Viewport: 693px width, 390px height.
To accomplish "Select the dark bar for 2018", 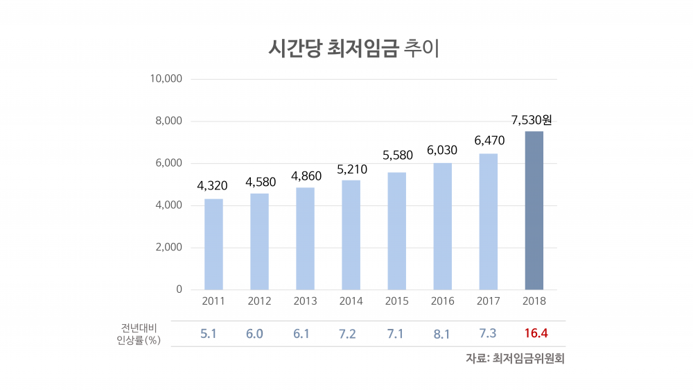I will coord(534,210).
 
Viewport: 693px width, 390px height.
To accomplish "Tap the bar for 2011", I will coord(213,244).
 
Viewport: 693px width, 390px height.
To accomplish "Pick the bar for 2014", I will coord(351,235).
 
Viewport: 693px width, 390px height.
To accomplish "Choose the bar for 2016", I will coord(442,226).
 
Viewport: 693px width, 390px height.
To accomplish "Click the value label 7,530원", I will coord(532,121).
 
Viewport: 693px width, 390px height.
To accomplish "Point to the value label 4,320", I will coord(212,186).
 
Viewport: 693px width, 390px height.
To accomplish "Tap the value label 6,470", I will coord(489,141).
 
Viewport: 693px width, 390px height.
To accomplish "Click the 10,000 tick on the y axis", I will coord(166,79).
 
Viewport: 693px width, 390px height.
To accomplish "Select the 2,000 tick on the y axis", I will coord(169,248).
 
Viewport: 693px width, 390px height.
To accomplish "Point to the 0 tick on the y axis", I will coord(178,289).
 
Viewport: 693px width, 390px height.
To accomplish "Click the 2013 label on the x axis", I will coord(305,301).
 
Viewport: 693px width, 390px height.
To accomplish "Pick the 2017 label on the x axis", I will coord(489,301).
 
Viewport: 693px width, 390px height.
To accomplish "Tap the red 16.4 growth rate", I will coord(536,334).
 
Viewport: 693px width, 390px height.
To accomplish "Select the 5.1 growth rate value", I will coord(209,334).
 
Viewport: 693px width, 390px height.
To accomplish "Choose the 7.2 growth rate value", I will coord(347,334).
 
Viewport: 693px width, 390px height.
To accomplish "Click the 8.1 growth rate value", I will coord(441,334).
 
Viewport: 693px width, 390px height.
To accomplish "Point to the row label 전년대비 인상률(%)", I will coord(139,334).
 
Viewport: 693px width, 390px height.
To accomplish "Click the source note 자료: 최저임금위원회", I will coord(516,359).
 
